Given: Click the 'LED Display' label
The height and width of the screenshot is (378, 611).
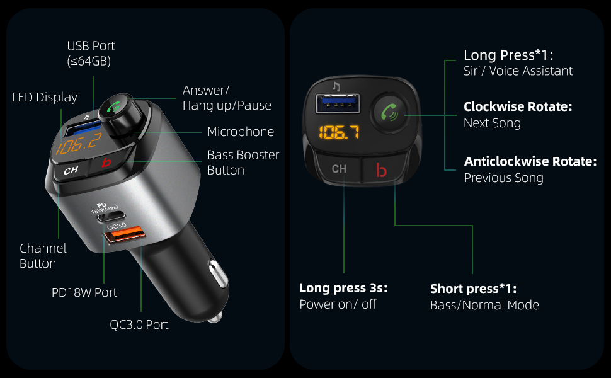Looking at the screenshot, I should click(45, 97).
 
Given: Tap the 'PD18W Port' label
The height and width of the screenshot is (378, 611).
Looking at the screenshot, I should click(84, 292).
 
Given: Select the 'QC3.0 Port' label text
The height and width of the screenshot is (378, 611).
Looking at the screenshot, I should click(139, 325).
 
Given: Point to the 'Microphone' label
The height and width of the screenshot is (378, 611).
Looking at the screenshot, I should click(241, 132).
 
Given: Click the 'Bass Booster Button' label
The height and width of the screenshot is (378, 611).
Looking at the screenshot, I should click(243, 162).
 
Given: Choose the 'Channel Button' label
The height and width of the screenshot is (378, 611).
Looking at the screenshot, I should click(43, 256).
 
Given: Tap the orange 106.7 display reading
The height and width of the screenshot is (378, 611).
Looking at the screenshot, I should click(338, 133).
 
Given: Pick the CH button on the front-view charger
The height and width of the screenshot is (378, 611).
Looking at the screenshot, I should click(339, 169).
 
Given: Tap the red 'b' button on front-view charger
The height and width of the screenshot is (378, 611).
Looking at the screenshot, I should click(380, 170).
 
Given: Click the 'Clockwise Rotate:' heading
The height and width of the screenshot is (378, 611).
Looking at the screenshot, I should click(518, 107).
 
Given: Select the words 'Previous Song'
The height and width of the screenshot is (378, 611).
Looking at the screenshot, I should click(503, 178).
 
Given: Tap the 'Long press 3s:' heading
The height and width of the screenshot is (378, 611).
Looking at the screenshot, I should click(343, 289).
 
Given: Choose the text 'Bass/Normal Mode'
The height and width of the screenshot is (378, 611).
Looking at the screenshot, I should click(484, 305).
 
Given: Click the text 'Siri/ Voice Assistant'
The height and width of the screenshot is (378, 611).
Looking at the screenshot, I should click(518, 71).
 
